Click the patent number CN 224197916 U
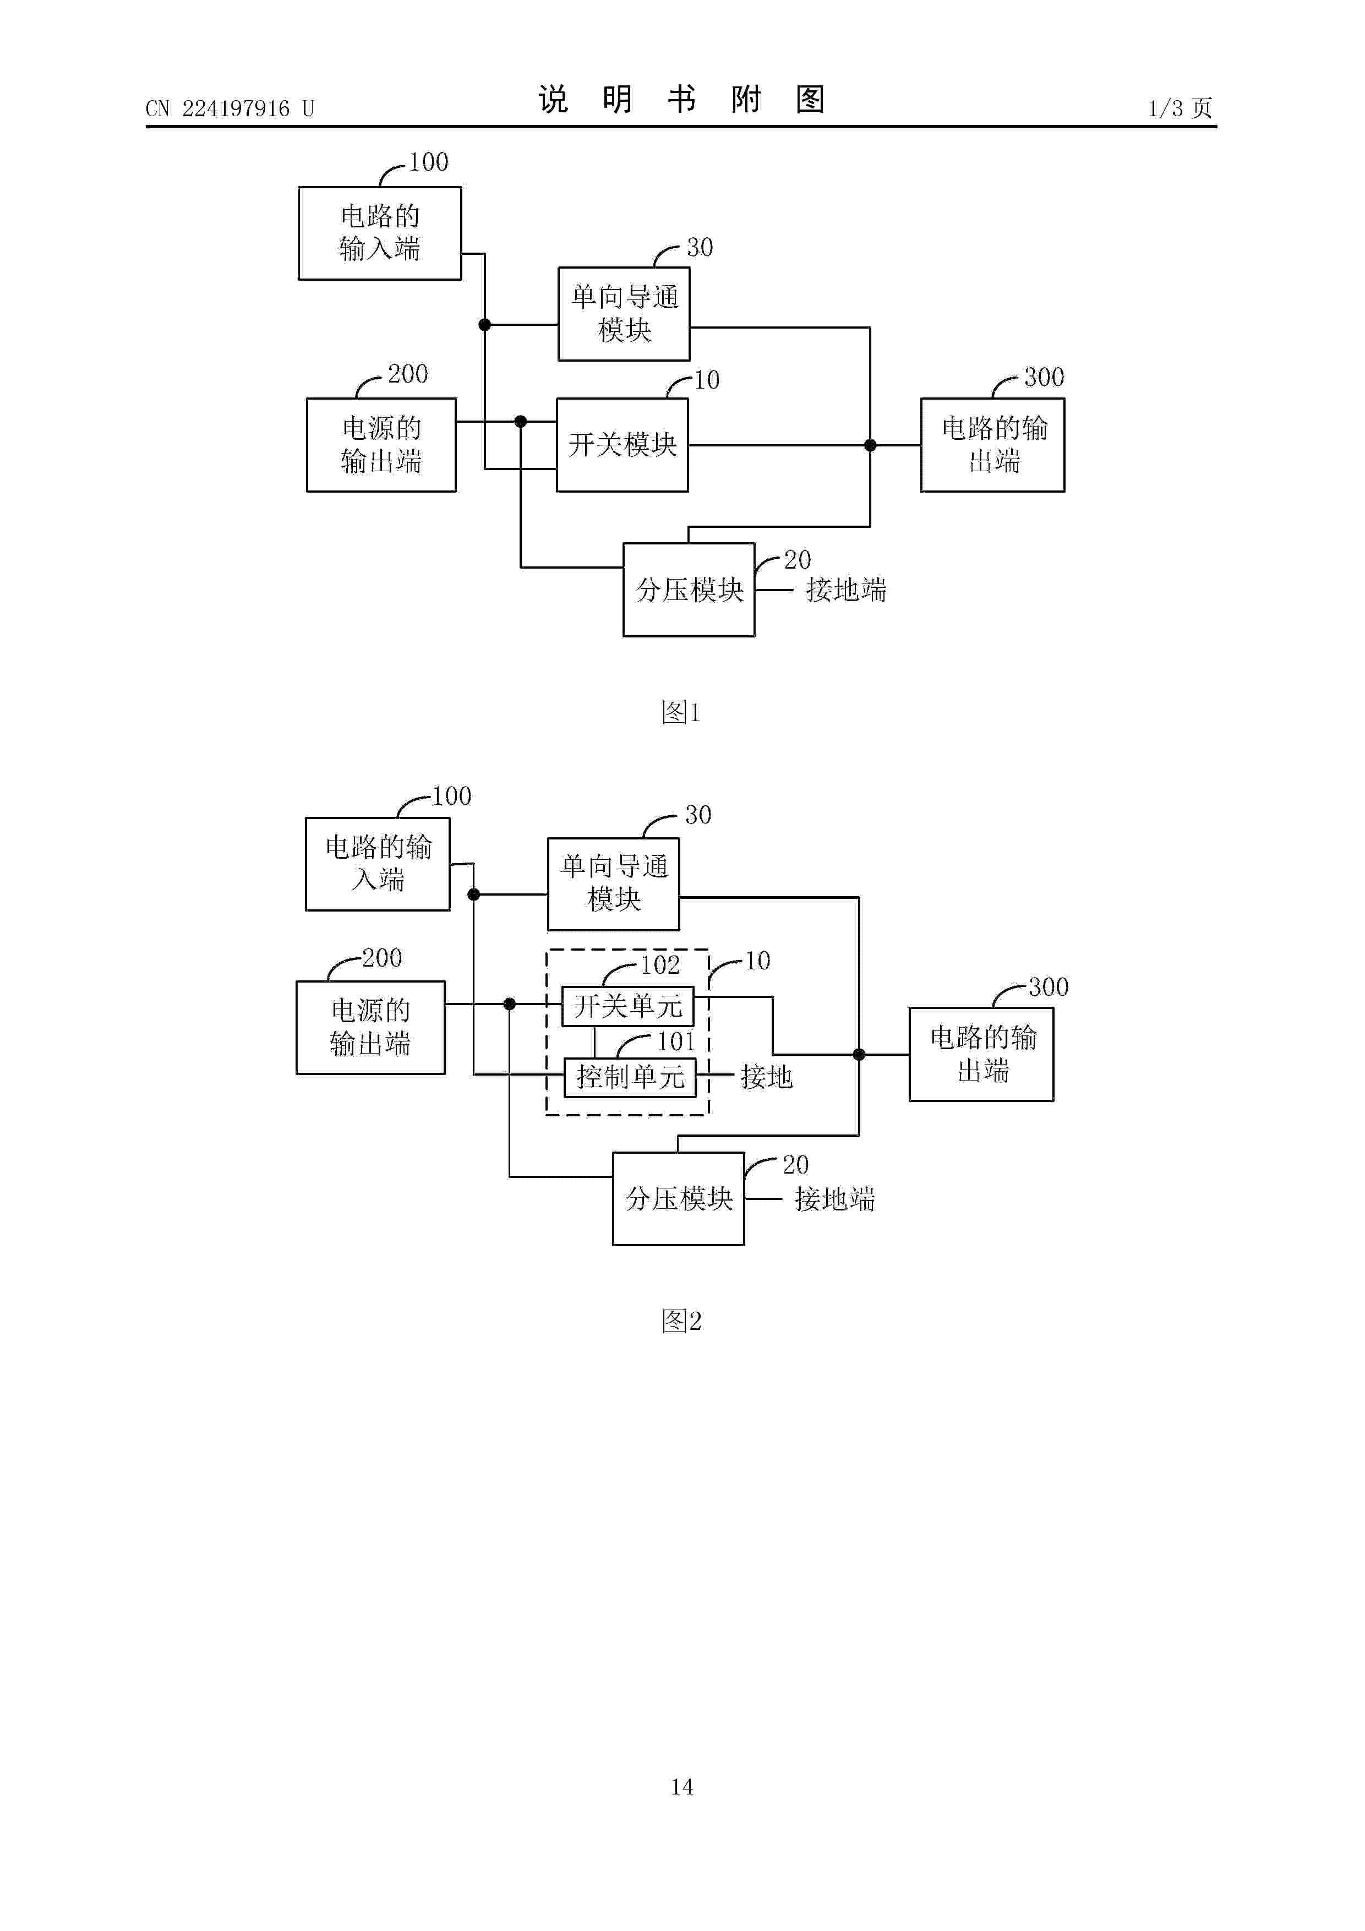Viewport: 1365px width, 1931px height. pyautogui.click(x=230, y=108)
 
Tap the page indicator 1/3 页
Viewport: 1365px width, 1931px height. pyautogui.click(x=1180, y=108)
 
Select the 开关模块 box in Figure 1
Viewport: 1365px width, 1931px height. pyautogui.click(x=623, y=445)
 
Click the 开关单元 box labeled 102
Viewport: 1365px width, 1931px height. pyautogui.click(x=628, y=1006)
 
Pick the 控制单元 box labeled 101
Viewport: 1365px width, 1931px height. pyautogui.click(x=630, y=1077)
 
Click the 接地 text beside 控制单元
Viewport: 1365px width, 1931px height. pyautogui.click(x=766, y=1077)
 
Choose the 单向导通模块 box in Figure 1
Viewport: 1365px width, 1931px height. pyautogui.click(x=624, y=314)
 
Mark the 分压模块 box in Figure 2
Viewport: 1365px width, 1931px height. pyautogui.click(x=679, y=1198)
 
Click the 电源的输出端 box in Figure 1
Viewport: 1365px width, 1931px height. pyautogui.click(x=381, y=445)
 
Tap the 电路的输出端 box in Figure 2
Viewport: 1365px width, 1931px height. pyautogui.click(x=981, y=1054)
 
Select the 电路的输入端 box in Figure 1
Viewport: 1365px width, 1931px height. pyautogui.click(x=380, y=233)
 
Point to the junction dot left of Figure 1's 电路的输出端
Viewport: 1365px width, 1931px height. pyautogui.click(x=871, y=445)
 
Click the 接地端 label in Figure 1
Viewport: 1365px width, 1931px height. pyautogui.click(x=846, y=590)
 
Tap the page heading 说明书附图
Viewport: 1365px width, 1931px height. pyautogui.click(x=681, y=99)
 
